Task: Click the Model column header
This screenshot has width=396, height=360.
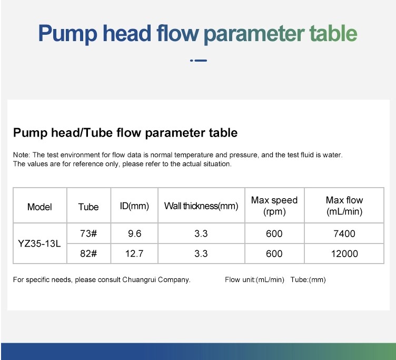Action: click(39, 207)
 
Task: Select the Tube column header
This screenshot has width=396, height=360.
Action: click(88, 207)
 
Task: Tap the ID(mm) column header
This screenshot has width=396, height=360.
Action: click(134, 206)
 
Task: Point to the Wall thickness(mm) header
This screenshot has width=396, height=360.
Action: click(201, 206)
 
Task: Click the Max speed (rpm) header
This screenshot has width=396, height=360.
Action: click(274, 206)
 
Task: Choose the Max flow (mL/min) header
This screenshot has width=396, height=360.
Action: click(344, 206)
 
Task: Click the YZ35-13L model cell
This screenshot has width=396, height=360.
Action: click(39, 244)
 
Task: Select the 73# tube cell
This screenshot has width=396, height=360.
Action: click(88, 233)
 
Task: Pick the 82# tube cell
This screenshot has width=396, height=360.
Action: click(88, 254)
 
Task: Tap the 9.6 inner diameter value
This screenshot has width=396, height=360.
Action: click(134, 233)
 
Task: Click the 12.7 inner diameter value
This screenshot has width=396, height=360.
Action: click(134, 254)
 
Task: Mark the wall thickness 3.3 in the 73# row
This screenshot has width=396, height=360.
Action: click(201, 233)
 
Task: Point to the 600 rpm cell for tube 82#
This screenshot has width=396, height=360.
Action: click(274, 254)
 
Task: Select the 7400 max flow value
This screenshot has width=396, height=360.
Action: click(344, 233)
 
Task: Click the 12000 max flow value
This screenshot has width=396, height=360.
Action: click(344, 254)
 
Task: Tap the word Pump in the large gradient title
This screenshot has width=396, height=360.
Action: click(68, 34)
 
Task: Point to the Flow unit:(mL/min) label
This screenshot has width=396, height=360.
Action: click(254, 279)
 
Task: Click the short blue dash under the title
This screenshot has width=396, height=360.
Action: click(201, 61)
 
